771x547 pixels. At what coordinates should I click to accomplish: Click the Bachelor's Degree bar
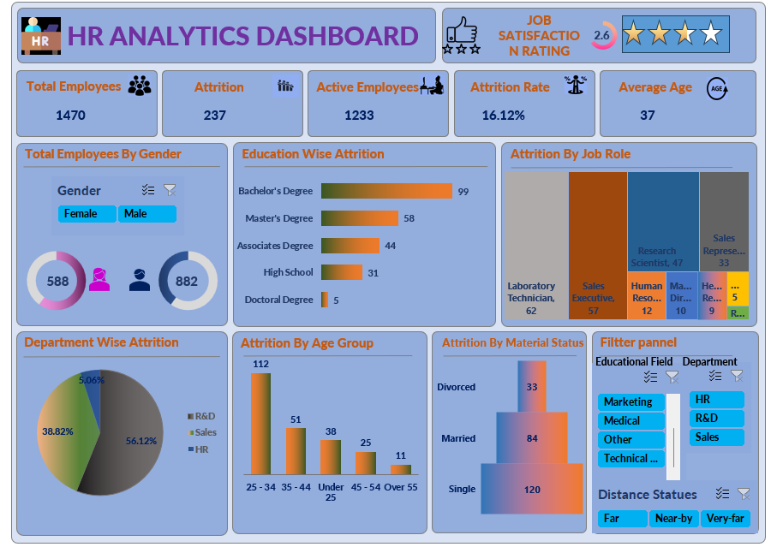(x=386, y=191)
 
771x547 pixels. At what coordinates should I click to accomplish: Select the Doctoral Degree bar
(x=325, y=300)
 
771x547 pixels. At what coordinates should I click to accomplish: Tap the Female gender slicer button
(x=87, y=214)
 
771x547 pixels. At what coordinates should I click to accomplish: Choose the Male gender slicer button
(x=146, y=214)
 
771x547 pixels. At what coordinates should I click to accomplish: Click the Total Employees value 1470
(x=71, y=115)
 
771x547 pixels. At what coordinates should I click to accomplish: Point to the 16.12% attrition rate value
(x=503, y=115)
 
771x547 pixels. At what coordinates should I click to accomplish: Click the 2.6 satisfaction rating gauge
(x=602, y=35)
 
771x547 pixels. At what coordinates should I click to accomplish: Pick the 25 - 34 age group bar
(x=260, y=423)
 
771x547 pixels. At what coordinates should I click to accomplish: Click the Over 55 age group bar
(x=400, y=469)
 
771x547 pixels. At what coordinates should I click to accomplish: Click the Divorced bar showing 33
(x=532, y=386)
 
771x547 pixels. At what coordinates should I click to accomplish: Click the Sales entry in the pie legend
(x=205, y=432)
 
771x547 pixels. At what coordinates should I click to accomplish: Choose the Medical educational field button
(x=631, y=420)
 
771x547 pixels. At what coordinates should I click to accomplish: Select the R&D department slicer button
(x=716, y=419)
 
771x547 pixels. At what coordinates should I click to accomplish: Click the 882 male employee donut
(x=187, y=281)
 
